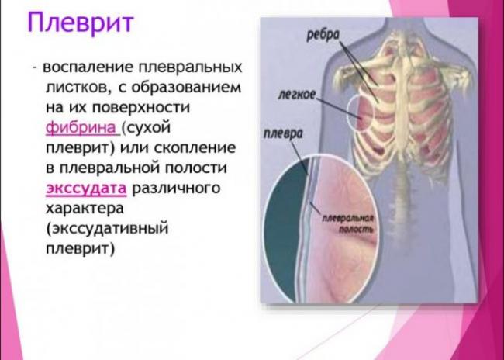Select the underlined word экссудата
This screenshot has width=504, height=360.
click(85, 189)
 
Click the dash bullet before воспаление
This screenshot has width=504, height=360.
click(36, 68)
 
